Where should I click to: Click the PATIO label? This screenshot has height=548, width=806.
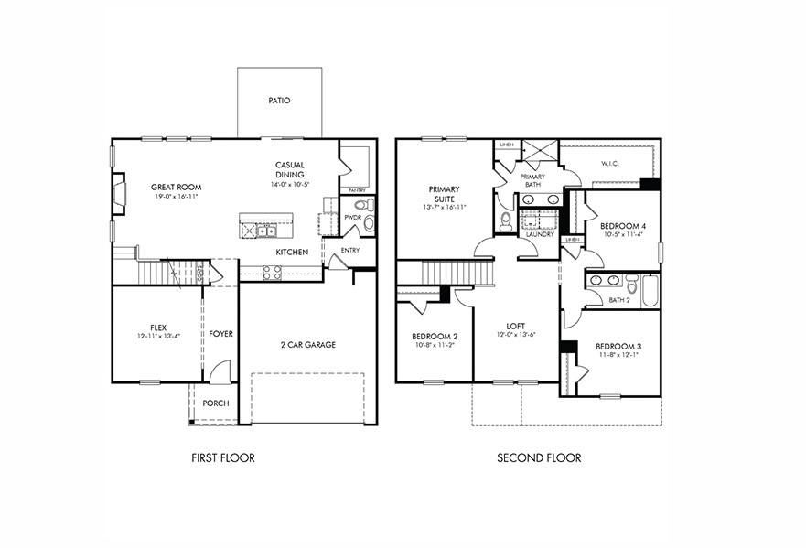[x=279, y=101]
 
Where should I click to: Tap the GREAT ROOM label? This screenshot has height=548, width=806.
[x=176, y=187]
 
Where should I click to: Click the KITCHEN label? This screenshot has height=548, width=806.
[x=292, y=252]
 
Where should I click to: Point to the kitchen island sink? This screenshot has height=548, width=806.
[x=264, y=231]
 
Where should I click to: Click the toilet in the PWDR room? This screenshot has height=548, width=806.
[x=360, y=206]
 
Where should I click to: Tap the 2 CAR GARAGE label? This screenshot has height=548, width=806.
[x=307, y=345]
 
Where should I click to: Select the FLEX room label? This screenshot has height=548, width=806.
[x=158, y=327]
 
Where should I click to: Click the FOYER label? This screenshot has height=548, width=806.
[x=220, y=334]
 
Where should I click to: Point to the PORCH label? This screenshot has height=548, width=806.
[x=216, y=403]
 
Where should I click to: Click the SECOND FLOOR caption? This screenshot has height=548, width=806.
[x=538, y=457]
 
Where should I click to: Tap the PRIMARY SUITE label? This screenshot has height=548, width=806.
[x=444, y=194]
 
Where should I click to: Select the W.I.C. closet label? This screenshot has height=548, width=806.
[x=611, y=165]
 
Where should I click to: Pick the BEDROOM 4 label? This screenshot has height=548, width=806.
[x=623, y=225]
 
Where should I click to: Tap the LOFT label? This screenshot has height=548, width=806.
[x=516, y=325]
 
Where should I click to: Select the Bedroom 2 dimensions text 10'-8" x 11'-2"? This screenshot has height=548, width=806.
[x=434, y=345]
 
